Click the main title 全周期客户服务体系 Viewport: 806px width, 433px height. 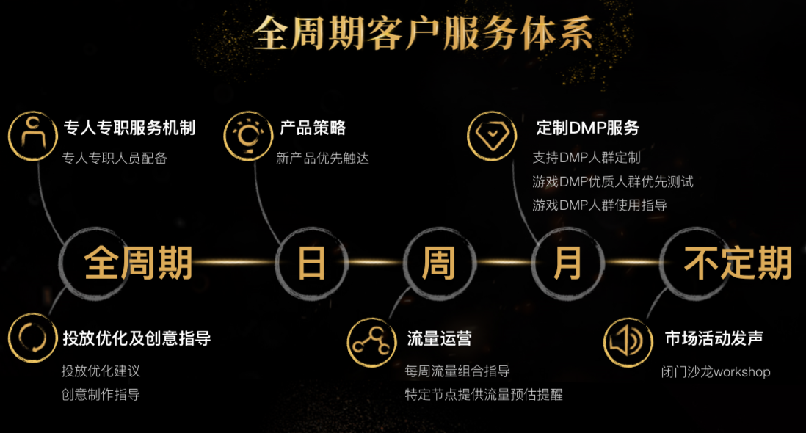[423, 33]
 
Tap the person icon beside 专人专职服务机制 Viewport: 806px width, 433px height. [33, 136]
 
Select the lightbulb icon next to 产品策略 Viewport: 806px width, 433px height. [248, 136]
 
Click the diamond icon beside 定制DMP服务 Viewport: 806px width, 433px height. [492, 136]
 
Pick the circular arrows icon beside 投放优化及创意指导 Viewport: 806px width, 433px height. [33, 338]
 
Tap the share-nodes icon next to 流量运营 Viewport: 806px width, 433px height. [371, 343]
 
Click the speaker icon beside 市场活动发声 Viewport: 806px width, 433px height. [628, 343]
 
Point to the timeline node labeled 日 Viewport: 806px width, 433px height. [312, 263]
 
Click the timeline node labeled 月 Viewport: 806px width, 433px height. [567, 263]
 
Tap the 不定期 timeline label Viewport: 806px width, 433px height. [738, 263]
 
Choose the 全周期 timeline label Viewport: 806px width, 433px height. [138, 263]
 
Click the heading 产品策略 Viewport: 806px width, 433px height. [313, 128]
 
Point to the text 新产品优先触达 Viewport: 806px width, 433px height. [322, 159]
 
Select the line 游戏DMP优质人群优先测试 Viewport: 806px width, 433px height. [613, 181]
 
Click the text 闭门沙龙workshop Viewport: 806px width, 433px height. [716, 371]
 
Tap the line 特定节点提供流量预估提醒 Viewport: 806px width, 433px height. [484, 395]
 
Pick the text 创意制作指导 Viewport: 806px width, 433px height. [101, 395]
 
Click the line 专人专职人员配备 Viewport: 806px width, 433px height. [115, 159]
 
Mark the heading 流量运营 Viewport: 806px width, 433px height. [439, 338]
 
